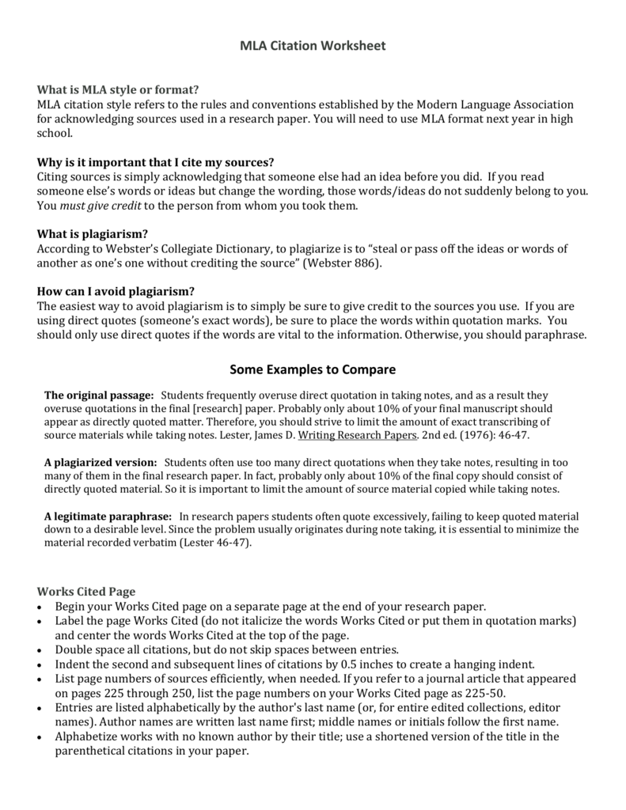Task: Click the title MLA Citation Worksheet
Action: [313, 46]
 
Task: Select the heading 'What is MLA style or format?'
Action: [118, 89]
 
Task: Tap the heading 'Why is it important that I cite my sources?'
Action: [156, 161]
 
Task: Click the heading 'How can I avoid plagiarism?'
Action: [116, 291]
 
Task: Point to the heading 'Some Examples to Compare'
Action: [313, 369]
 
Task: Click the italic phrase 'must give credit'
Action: [101, 206]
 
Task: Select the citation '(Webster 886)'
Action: [344, 263]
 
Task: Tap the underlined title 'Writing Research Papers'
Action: [357, 435]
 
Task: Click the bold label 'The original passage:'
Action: [99, 395]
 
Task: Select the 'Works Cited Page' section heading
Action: [86, 591]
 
